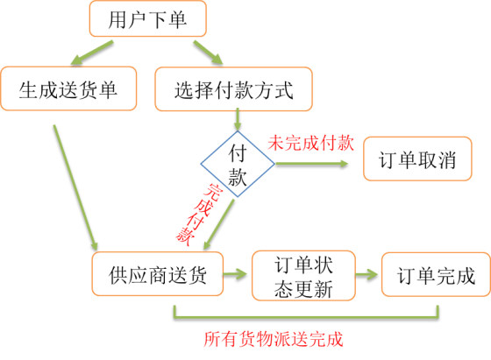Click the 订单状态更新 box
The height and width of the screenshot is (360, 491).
coord(302,275)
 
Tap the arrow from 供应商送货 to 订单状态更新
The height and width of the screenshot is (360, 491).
coord(238,275)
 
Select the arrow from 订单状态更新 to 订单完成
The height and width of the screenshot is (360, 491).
coord(367,275)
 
